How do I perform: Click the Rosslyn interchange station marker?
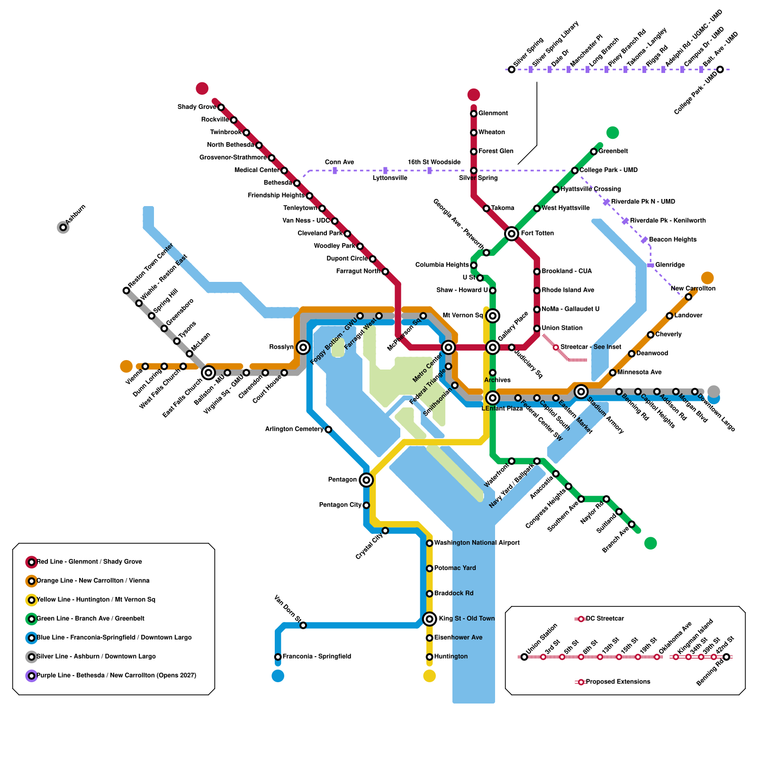pos(303,347)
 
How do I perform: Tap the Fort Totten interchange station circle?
pos(511,233)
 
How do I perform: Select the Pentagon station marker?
pos(366,480)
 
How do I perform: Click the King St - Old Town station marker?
pos(429,618)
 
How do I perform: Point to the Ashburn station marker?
pos(63,227)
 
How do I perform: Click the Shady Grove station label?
pos(197,107)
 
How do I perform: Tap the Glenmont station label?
pos(493,113)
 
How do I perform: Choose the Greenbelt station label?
pos(613,151)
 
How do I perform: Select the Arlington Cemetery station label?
pos(294,429)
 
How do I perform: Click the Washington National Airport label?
pos(477,543)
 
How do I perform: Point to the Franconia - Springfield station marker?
pos(278,657)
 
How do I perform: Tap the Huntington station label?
pos(451,657)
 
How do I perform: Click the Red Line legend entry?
pos(89,562)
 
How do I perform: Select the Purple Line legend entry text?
pos(116,676)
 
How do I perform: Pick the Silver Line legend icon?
pos(31,657)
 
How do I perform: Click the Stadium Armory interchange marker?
pos(581,391)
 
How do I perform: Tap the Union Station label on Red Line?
pos(562,328)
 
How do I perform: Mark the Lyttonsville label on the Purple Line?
pos(390,178)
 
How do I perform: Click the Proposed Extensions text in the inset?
pos(618,682)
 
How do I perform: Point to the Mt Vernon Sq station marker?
pos(493,316)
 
